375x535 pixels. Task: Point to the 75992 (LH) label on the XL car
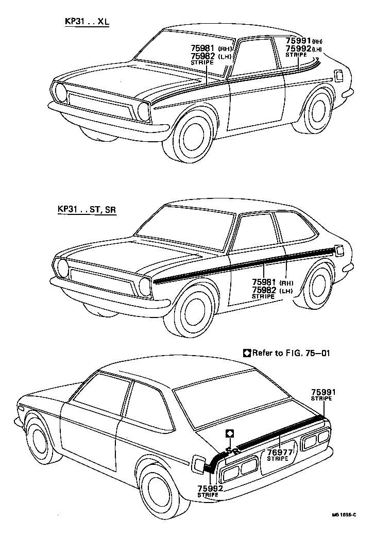tap(304, 49)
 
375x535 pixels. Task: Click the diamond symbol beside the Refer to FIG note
tap(247, 353)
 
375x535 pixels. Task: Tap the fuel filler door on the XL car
tap(339, 75)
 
